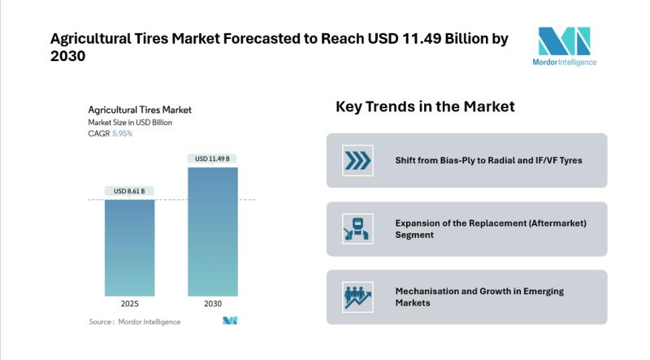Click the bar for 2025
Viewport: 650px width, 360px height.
tap(130, 247)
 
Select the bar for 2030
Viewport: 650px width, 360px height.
tap(213, 232)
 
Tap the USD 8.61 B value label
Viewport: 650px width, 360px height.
tap(130, 191)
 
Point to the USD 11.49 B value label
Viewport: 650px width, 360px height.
tap(213, 158)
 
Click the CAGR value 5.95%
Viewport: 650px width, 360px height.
tap(122, 133)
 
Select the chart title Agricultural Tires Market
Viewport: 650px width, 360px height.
tap(140, 110)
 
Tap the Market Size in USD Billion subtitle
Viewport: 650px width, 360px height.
tap(130, 122)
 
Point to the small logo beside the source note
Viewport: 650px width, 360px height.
tap(229, 322)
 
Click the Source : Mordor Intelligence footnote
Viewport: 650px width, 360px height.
tap(135, 322)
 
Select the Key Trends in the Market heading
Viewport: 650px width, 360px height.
tap(425, 106)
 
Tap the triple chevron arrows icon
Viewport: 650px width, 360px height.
tap(357, 160)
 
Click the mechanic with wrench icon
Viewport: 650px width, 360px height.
tap(357, 228)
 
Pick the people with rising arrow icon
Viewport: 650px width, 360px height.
tap(357, 297)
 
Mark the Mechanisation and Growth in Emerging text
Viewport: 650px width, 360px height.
tap(479, 291)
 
